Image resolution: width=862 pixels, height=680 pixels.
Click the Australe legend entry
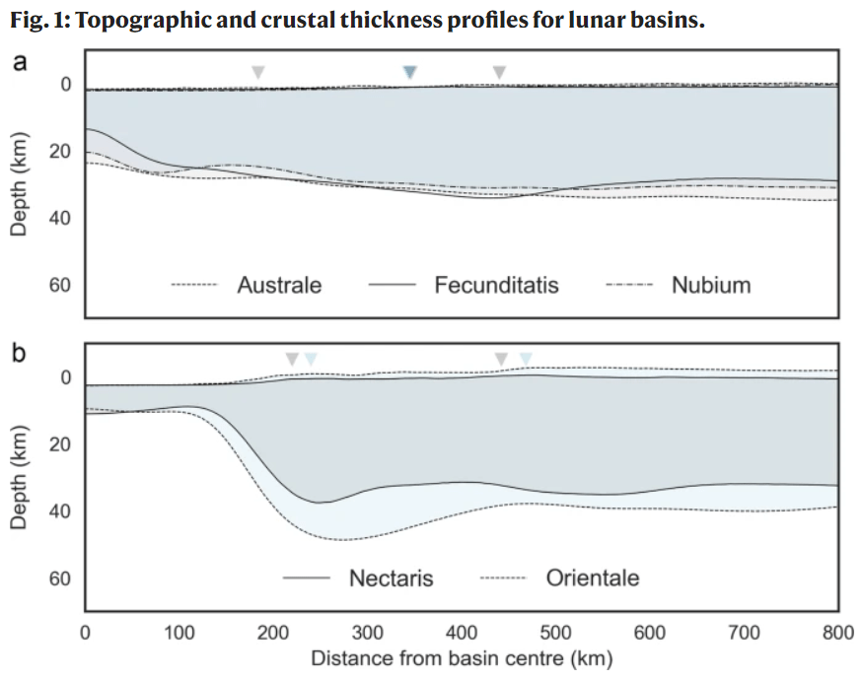point(279,286)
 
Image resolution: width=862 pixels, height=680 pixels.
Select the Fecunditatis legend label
point(496,286)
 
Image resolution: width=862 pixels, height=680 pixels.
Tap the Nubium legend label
point(711,286)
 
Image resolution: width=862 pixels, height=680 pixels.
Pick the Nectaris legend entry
point(391,578)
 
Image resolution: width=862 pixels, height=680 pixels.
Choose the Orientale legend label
point(593,578)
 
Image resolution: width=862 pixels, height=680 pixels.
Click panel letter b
point(19,353)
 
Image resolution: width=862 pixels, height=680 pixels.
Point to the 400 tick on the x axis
point(462,632)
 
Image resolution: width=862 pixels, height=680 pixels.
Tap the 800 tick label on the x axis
point(837,632)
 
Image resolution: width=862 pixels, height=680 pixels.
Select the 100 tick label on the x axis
point(180,632)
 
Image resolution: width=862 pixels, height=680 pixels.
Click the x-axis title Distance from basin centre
point(462,657)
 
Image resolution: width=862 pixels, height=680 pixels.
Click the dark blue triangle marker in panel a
point(411,72)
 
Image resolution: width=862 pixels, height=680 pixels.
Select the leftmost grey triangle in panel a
point(257,72)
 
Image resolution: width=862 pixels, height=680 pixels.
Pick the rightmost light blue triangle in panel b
point(526,359)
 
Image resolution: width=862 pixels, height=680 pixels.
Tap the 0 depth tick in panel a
point(65,86)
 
